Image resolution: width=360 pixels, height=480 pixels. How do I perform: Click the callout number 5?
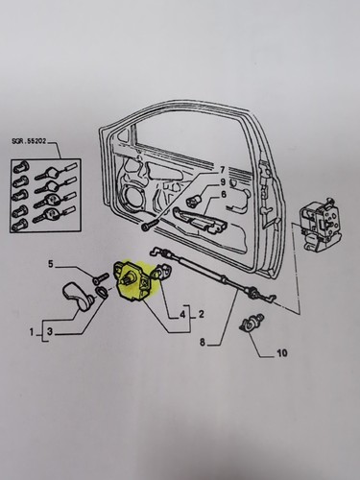[51, 264]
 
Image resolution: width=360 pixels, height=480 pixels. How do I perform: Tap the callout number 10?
[281, 353]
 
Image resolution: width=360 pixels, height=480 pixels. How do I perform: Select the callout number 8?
[203, 343]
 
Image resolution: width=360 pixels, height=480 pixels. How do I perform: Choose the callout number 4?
[182, 315]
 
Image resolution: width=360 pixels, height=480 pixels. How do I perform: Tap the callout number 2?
[202, 315]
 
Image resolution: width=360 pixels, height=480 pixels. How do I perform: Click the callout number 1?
[32, 333]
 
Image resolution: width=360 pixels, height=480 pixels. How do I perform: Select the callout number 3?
[50, 332]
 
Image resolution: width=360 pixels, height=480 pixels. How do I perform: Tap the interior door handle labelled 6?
[201, 221]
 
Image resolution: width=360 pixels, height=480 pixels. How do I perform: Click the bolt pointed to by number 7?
[150, 225]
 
